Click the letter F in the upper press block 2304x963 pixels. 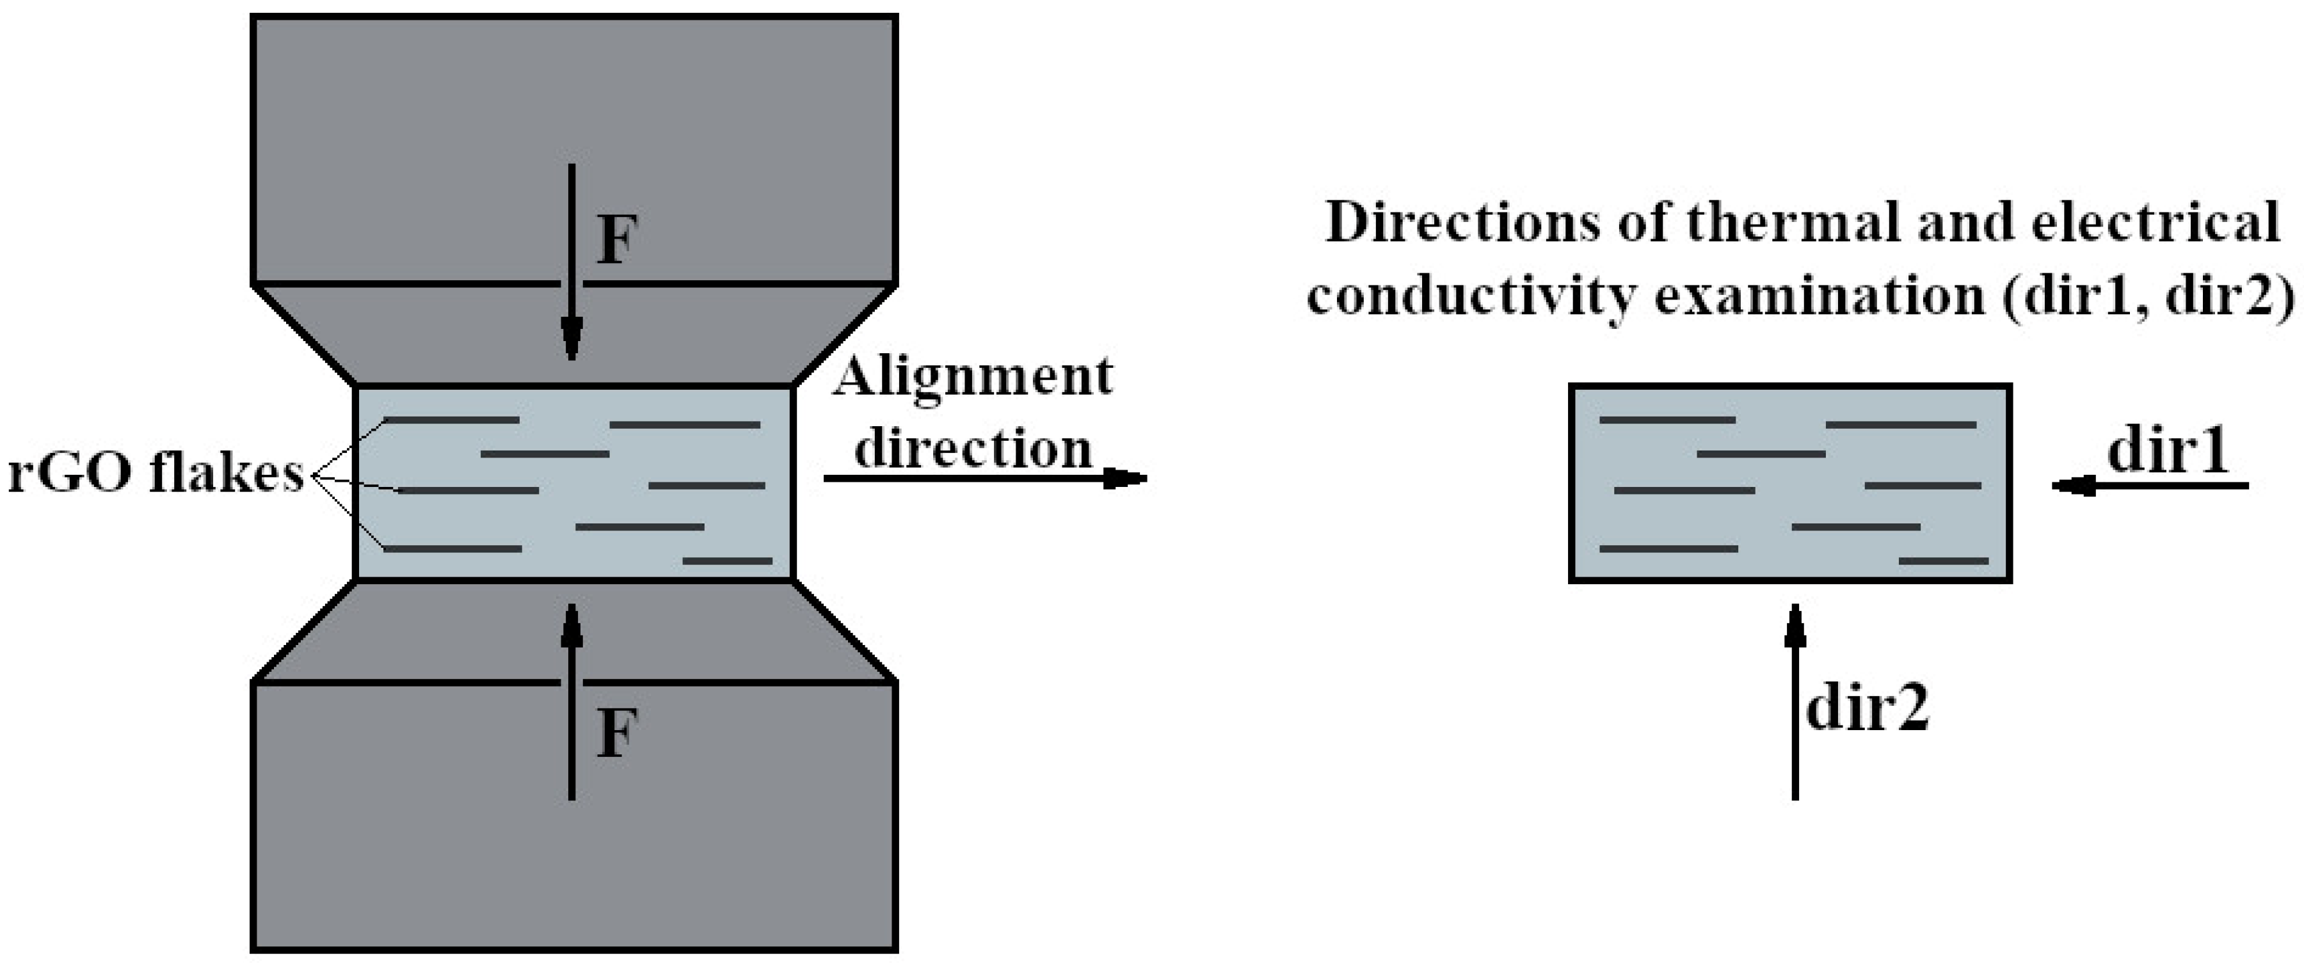tap(616, 241)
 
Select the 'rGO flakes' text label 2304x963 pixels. tap(157, 474)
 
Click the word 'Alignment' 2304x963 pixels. tap(972, 378)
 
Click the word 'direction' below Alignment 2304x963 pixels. tap(972, 447)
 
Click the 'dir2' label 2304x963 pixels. tap(1868, 709)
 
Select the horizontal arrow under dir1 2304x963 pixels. tap(2150, 486)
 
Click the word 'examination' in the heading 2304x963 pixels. tap(1820, 295)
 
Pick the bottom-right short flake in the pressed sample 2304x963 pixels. tap(727, 561)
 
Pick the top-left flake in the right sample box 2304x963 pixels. tap(1667, 419)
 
